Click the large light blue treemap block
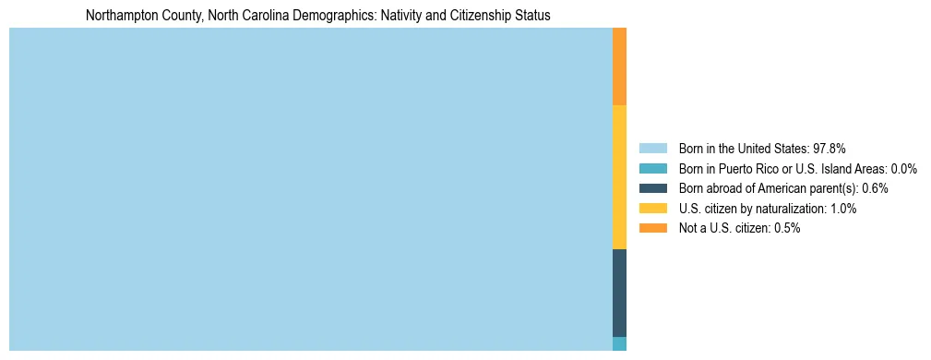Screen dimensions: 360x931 [x=310, y=189]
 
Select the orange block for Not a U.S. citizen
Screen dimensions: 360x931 [x=619, y=66]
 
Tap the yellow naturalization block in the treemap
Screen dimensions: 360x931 [x=619, y=177]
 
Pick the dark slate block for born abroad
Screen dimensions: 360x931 [x=619, y=293]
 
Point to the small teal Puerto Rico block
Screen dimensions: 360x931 [x=619, y=343]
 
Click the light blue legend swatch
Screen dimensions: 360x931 [x=652, y=148]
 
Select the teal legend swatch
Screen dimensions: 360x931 [x=652, y=168]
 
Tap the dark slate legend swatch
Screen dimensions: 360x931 [x=652, y=188]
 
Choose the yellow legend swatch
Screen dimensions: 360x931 [x=652, y=209]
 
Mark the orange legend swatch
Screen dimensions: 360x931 [x=652, y=228]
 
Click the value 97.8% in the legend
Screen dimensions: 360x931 [x=829, y=148]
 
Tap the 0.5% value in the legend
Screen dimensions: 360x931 [x=787, y=228]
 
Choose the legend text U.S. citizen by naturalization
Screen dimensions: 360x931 [x=752, y=209]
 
